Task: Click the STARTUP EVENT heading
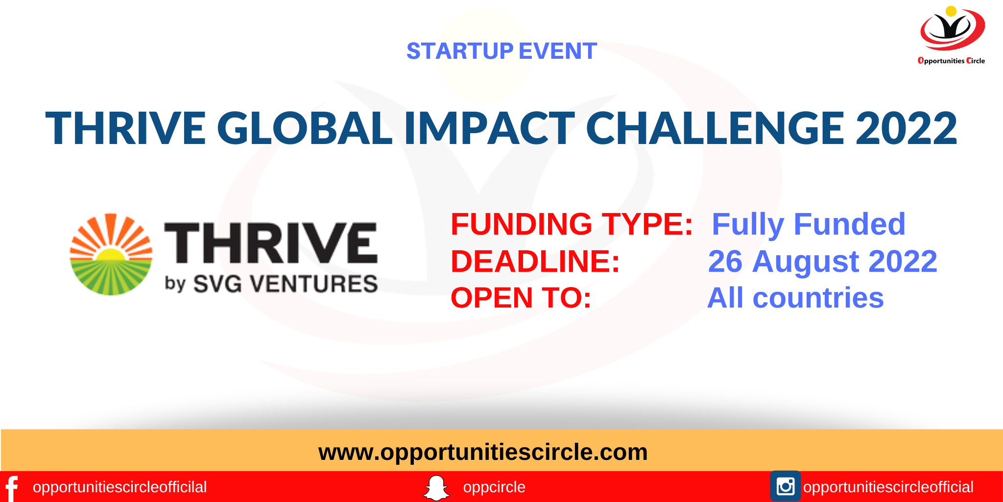[501, 51]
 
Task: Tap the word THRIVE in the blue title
[125, 128]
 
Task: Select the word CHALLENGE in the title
[715, 128]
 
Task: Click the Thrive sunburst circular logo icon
[111, 254]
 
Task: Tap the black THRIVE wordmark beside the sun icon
[271, 242]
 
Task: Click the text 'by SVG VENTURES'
[271, 284]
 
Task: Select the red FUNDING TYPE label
[572, 224]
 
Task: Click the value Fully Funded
[808, 224]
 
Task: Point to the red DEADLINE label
[535, 261]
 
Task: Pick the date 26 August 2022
[822, 261]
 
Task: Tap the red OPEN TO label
[521, 298]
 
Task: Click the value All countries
[795, 298]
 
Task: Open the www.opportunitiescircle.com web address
[483, 452]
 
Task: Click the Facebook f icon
[12, 488]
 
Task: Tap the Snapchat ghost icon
[436, 488]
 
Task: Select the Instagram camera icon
[785, 486]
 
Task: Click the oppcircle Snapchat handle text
[494, 487]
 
